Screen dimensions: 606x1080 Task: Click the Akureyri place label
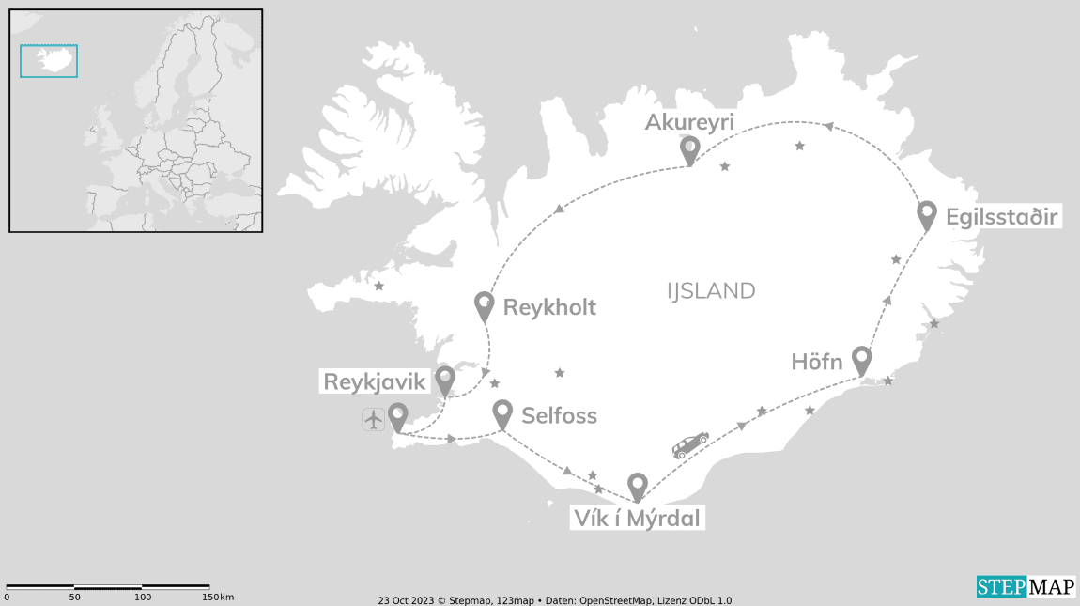click(689, 122)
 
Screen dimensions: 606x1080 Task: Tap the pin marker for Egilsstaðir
click(927, 214)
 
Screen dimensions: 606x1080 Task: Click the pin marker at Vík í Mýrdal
click(638, 486)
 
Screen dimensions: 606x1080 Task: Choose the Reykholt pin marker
click(485, 305)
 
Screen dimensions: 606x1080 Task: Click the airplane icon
click(374, 419)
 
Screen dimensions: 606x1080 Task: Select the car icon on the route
click(690, 443)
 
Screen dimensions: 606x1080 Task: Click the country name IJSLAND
click(711, 291)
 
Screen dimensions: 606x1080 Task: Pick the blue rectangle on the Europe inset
click(49, 61)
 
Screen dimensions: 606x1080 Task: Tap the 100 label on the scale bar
click(143, 598)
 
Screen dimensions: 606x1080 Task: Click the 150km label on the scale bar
click(218, 598)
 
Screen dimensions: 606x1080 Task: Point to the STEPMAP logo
click(1026, 587)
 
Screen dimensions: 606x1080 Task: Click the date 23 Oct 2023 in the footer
click(405, 600)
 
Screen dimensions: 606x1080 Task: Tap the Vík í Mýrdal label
click(637, 518)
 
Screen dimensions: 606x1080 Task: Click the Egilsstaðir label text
click(1002, 218)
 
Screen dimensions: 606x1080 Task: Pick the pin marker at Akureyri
click(689, 148)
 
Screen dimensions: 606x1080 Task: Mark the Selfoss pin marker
click(502, 412)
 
